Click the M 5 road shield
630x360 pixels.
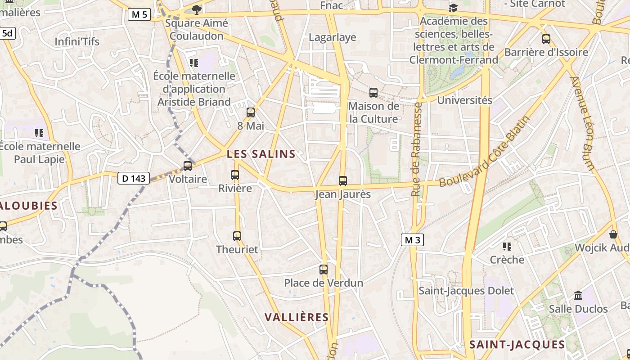tap(139, 15)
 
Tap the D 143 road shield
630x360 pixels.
tap(134, 178)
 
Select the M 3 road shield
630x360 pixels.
tap(412, 240)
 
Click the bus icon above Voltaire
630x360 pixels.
tap(188, 166)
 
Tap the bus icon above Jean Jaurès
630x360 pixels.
tap(343, 181)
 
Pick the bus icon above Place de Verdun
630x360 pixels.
tap(324, 270)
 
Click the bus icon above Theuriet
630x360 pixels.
tap(237, 236)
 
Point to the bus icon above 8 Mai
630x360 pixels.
tap(251, 112)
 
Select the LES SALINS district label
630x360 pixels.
tap(261, 154)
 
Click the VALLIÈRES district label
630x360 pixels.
tap(297, 317)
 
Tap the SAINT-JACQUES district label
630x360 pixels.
tap(517, 345)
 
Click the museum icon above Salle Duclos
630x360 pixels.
tap(578, 296)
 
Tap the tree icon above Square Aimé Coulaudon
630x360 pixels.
tap(196, 9)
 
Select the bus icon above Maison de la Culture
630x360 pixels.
tap(373, 93)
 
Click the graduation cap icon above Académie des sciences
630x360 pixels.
tap(453, 8)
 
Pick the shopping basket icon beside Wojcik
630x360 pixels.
tap(613, 234)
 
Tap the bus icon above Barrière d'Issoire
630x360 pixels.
tap(546, 39)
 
